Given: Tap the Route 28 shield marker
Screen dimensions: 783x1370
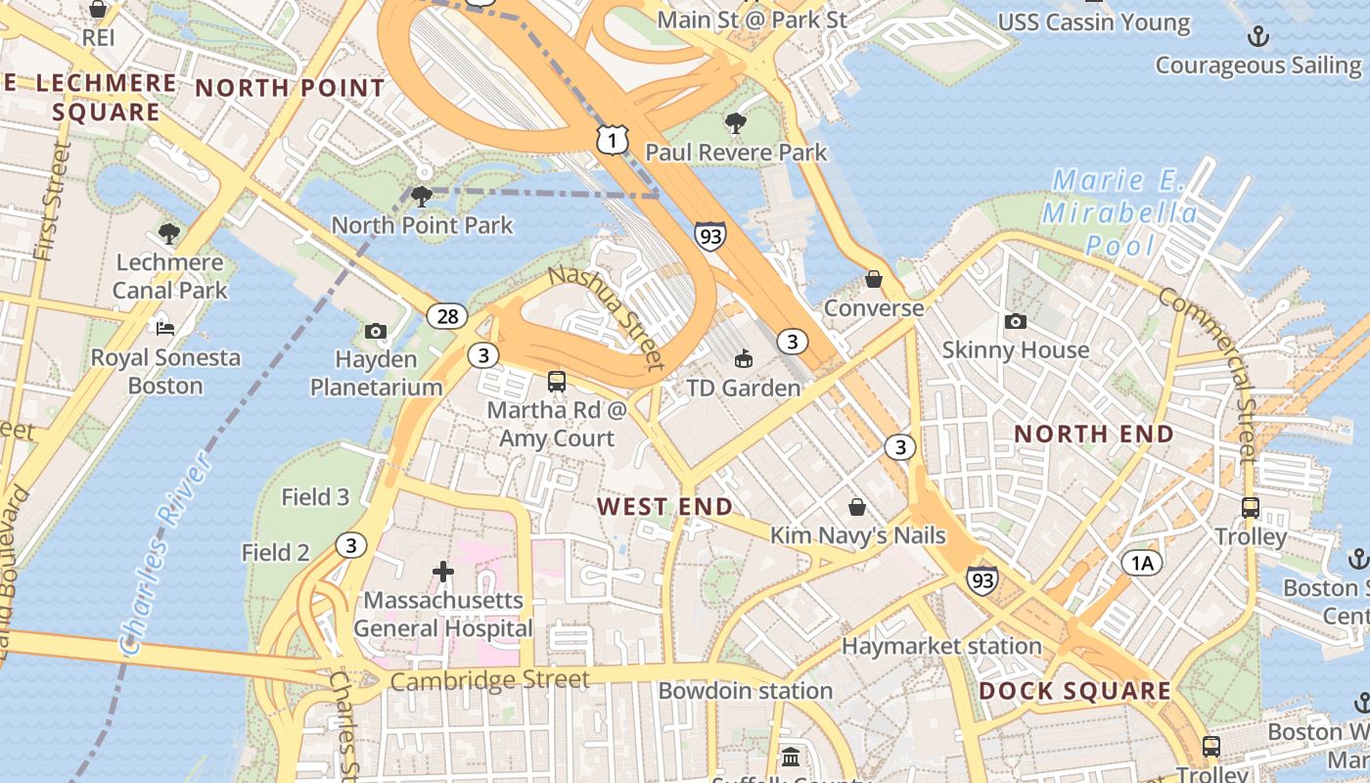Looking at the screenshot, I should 447,316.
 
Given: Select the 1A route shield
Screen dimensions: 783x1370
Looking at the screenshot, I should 1141,562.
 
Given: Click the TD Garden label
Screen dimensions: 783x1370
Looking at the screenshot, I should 744,389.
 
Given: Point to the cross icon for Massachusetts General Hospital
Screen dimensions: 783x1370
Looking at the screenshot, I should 443,571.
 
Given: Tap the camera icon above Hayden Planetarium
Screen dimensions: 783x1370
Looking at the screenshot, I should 376,332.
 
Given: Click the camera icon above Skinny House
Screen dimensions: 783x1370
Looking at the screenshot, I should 1016,321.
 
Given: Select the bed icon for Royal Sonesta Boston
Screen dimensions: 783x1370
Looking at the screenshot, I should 165,328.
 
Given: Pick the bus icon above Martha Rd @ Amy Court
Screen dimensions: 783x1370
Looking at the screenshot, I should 557,382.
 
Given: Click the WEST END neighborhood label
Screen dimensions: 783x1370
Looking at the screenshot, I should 664,506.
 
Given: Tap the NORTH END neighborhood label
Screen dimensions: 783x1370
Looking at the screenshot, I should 1093,434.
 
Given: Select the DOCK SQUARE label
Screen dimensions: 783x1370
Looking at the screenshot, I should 1074,691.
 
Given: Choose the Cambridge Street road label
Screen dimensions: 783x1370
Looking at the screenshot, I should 490,680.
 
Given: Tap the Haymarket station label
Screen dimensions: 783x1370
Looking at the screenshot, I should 941,646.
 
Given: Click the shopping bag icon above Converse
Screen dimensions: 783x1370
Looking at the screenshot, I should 874,280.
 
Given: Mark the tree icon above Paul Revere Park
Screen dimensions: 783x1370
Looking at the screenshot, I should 735,123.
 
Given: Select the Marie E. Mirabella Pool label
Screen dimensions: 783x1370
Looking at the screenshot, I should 1119,212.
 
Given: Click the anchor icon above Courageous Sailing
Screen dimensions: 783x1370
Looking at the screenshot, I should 1257,37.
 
